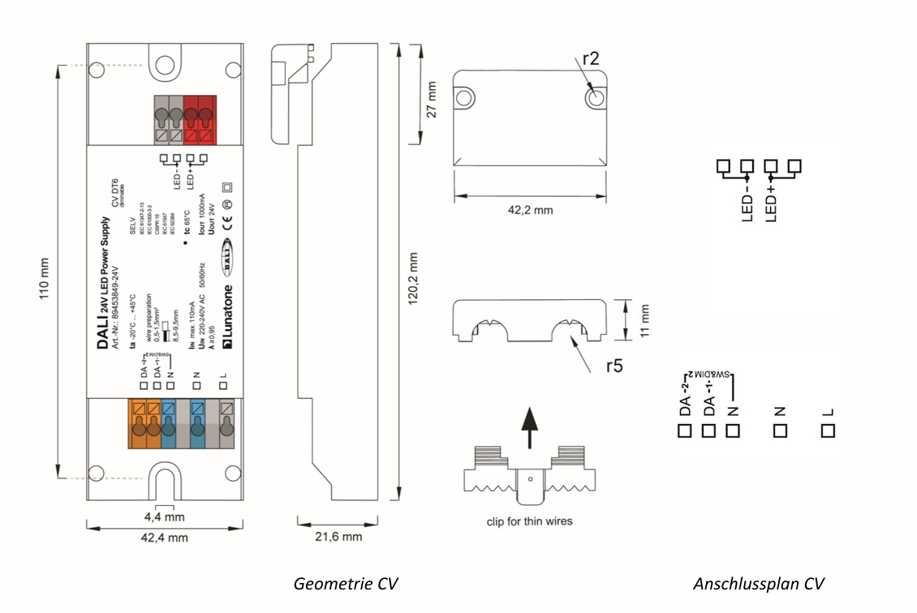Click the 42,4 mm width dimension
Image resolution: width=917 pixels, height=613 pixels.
[165, 537]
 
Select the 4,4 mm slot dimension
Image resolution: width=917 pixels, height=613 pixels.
[165, 517]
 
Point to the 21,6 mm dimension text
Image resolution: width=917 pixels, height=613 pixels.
[338, 537]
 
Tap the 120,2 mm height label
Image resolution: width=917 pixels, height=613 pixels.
[415, 276]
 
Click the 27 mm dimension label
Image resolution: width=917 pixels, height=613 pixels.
[433, 98]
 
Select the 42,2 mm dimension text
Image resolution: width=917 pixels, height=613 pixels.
[530, 210]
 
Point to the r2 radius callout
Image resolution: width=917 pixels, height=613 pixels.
[592, 58]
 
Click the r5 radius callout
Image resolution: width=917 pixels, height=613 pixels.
[614, 366]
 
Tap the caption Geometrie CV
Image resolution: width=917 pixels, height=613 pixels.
[346, 584]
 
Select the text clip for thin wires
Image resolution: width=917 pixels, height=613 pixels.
[529, 521]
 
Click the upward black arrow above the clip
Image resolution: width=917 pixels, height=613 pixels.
[529, 427]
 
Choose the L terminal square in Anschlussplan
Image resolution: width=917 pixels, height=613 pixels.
[827, 431]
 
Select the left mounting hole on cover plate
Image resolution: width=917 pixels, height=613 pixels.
[464, 97]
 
